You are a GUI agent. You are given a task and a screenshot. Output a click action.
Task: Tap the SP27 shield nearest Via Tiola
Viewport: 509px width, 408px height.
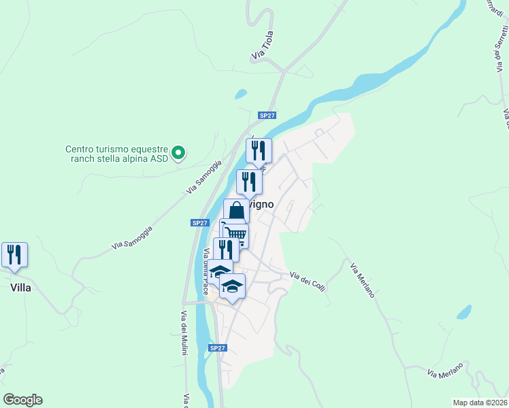[x=267, y=116]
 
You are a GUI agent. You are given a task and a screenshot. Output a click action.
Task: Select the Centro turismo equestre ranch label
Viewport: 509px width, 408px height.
[x=116, y=154]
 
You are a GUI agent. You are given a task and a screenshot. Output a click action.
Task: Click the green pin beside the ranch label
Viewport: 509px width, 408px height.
[x=178, y=153]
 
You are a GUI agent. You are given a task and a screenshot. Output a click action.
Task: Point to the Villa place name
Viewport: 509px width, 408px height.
[x=21, y=288]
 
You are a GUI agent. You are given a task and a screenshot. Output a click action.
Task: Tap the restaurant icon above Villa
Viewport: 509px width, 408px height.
[x=14, y=255]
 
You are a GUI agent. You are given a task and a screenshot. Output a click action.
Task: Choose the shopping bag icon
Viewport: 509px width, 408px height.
[x=236, y=211]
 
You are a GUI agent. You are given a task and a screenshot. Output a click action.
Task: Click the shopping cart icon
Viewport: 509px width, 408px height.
[x=235, y=235]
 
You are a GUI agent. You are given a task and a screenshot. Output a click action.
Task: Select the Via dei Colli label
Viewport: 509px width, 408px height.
[x=308, y=278]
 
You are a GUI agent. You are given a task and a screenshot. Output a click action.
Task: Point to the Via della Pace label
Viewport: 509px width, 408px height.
[x=206, y=271]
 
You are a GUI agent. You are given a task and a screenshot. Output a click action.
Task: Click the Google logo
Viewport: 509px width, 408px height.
[x=22, y=400]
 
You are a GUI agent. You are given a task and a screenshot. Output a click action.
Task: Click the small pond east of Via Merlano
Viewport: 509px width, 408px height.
[x=463, y=312]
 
